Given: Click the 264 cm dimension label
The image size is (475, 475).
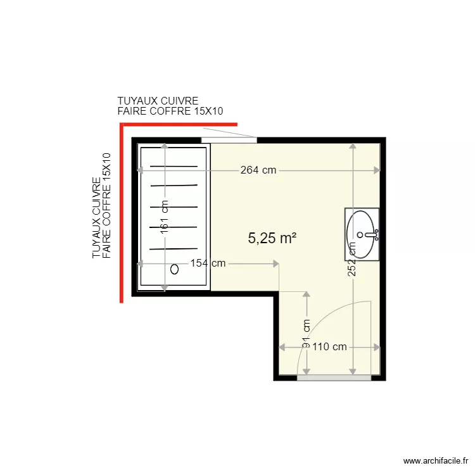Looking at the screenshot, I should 259,170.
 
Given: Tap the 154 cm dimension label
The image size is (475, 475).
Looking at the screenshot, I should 208,264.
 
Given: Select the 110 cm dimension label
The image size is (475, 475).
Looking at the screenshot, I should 330,346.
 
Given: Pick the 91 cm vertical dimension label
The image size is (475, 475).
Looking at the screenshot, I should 307,333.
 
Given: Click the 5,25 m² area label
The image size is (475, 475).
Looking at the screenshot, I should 272,238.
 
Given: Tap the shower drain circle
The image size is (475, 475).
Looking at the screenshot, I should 174,269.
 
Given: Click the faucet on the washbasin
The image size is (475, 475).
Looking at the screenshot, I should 374,235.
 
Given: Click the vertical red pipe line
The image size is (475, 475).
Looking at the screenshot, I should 120,215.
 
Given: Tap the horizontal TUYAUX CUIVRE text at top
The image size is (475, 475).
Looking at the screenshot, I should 158,101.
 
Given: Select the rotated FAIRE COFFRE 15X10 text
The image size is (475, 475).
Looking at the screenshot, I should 106,205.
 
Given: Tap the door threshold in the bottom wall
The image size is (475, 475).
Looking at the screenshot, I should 334,377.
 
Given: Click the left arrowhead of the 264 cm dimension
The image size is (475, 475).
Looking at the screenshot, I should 140,170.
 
